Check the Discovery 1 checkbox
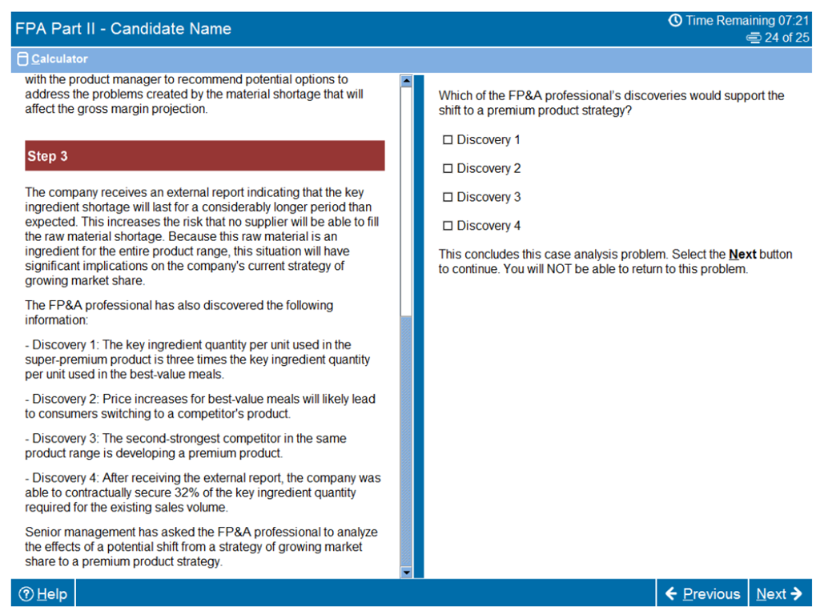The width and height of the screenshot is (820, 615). pos(448,140)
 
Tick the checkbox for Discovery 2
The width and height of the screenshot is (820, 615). pos(448,169)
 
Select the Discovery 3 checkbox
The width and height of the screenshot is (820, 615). pos(448,197)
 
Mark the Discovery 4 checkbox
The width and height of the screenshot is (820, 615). pos(448,226)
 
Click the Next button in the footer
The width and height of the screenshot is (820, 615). pos(778,593)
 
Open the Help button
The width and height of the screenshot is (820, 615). pos(43,594)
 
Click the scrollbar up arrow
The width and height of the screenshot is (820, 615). pos(405,81)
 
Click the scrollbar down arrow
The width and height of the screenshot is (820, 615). pos(405,572)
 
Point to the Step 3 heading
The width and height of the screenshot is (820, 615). pos(47,156)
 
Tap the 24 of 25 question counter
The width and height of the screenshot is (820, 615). pos(786,38)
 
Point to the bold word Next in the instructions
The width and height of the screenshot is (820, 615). pos(742,255)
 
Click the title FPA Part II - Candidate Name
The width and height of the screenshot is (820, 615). pos(123,29)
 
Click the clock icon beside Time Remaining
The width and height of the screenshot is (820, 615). pos(675,21)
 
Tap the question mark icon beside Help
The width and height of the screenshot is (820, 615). pos(26,594)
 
